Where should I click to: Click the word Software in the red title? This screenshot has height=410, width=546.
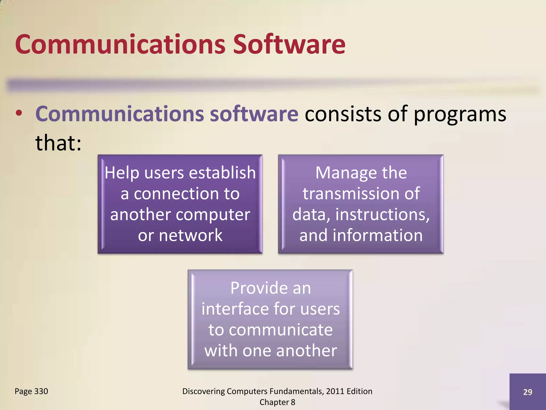point(289,44)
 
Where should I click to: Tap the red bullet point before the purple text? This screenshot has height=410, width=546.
point(19,113)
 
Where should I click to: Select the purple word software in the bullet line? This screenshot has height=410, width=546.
point(254,114)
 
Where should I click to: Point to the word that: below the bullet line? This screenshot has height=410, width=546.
point(58,143)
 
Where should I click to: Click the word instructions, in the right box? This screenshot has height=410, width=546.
point(382,215)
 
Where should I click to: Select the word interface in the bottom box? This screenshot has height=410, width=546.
point(235,309)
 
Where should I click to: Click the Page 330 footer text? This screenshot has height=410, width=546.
point(31,391)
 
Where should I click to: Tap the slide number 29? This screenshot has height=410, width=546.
point(527,392)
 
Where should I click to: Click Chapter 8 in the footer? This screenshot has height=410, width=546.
point(277,402)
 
